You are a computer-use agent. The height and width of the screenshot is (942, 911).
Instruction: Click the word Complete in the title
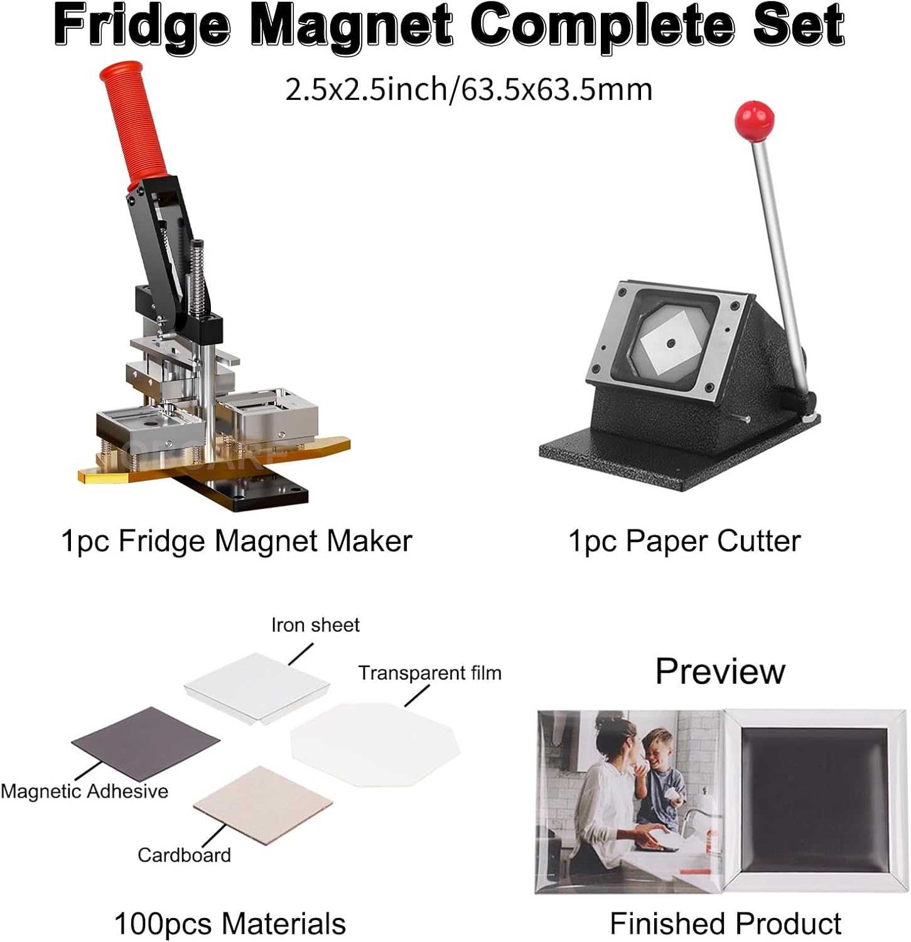coord(603,25)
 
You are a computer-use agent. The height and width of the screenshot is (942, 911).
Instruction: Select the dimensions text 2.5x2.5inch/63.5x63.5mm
coord(469,89)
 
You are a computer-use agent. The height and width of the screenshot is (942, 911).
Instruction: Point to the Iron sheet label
coord(315,625)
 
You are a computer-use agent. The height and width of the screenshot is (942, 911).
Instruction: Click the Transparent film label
coord(430,673)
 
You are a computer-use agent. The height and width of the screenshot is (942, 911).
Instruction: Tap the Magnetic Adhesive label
coord(85,791)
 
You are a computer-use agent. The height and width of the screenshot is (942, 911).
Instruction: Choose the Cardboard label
coord(184,855)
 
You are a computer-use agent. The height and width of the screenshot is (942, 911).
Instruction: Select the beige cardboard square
coord(262,803)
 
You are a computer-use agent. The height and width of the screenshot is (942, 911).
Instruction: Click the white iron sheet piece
coord(257,687)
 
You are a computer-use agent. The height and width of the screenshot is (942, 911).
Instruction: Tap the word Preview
coord(720,671)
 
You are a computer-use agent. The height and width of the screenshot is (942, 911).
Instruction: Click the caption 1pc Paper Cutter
coord(684,541)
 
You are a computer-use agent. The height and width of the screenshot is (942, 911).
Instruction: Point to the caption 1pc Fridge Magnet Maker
coord(236,541)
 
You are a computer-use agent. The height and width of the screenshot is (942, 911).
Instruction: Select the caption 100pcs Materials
coord(230,924)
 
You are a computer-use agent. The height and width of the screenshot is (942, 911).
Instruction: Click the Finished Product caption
coord(725,924)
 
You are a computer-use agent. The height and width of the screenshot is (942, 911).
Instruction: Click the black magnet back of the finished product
coord(815,801)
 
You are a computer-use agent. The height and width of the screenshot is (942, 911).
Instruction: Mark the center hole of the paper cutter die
coord(671,342)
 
